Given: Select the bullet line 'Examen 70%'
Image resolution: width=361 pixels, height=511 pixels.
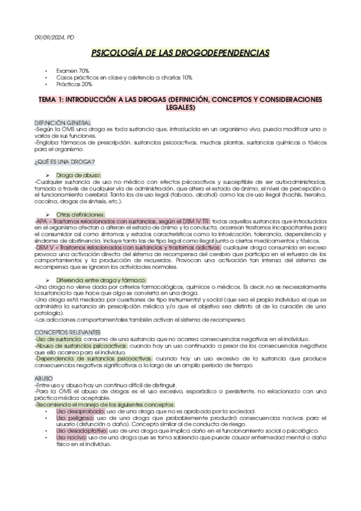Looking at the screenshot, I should tap(72, 71).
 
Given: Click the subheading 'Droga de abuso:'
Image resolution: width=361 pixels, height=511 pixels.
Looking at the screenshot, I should tap(81, 175).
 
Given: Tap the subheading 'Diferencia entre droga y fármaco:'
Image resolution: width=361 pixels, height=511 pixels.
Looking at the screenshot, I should tap(101, 281).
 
